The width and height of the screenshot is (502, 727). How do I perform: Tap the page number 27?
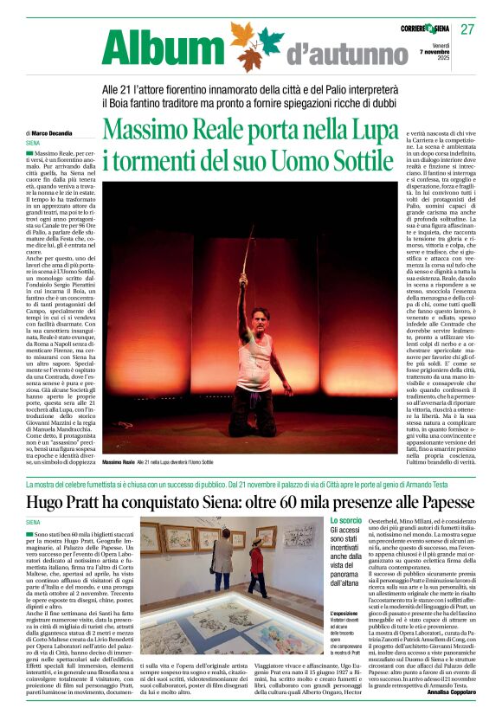pyautogui.click(x=467, y=29)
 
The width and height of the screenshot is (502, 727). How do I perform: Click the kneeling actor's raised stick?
pyautogui.click(x=248, y=251)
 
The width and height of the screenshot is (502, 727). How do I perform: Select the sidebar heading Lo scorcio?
pyautogui.click(x=346, y=520)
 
